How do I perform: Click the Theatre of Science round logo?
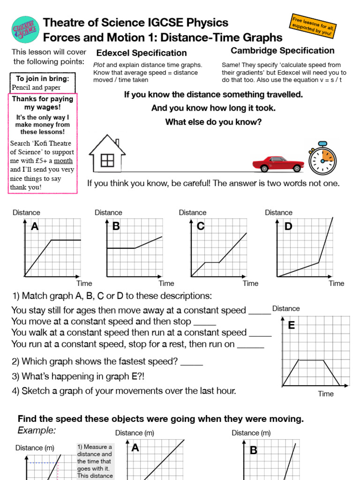(25, 29)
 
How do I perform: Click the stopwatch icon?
(322, 158)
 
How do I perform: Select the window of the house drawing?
(107, 160)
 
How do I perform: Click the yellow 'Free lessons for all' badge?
(312, 26)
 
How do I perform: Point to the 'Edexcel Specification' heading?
(141, 53)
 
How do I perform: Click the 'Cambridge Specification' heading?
(283, 51)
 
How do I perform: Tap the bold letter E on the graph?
(291, 325)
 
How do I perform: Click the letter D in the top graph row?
(288, 227)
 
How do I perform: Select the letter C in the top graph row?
(201, 227)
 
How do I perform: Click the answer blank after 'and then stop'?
(204, 322)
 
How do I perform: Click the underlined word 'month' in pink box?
(63, 161)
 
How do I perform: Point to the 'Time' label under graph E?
(326, 394)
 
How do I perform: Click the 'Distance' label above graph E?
(286, 308)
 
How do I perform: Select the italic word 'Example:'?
(37, 430)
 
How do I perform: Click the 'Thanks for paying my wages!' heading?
(43, 103)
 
